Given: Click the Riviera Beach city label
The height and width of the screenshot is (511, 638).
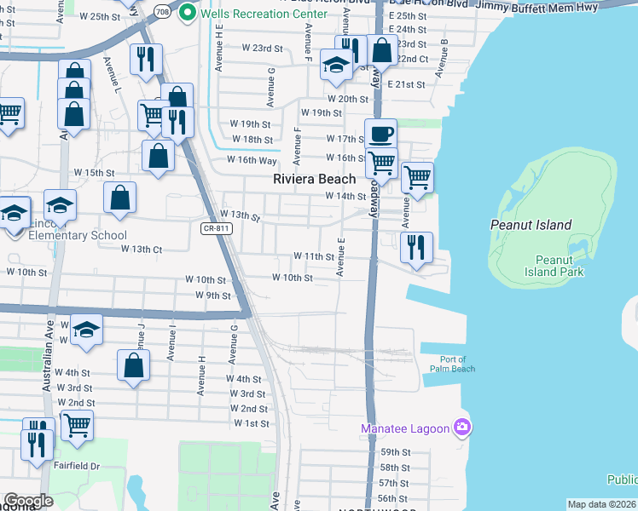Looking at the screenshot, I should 314,179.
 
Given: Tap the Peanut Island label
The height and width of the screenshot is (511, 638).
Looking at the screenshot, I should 530,225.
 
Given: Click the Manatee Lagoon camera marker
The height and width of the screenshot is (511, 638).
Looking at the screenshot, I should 461,427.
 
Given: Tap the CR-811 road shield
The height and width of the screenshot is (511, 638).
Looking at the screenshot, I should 217,228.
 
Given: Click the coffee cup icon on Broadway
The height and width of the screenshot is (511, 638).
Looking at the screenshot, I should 381,134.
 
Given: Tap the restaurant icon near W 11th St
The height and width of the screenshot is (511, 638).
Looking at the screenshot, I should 416,247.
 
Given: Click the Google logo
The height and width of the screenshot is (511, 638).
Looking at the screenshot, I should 28,501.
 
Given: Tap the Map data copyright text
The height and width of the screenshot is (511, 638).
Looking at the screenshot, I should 600,504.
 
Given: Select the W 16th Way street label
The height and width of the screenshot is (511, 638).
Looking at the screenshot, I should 251,160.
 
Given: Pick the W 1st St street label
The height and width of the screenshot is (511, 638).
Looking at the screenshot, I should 251,423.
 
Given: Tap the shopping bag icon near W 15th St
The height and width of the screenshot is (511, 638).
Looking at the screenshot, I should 120,197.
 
